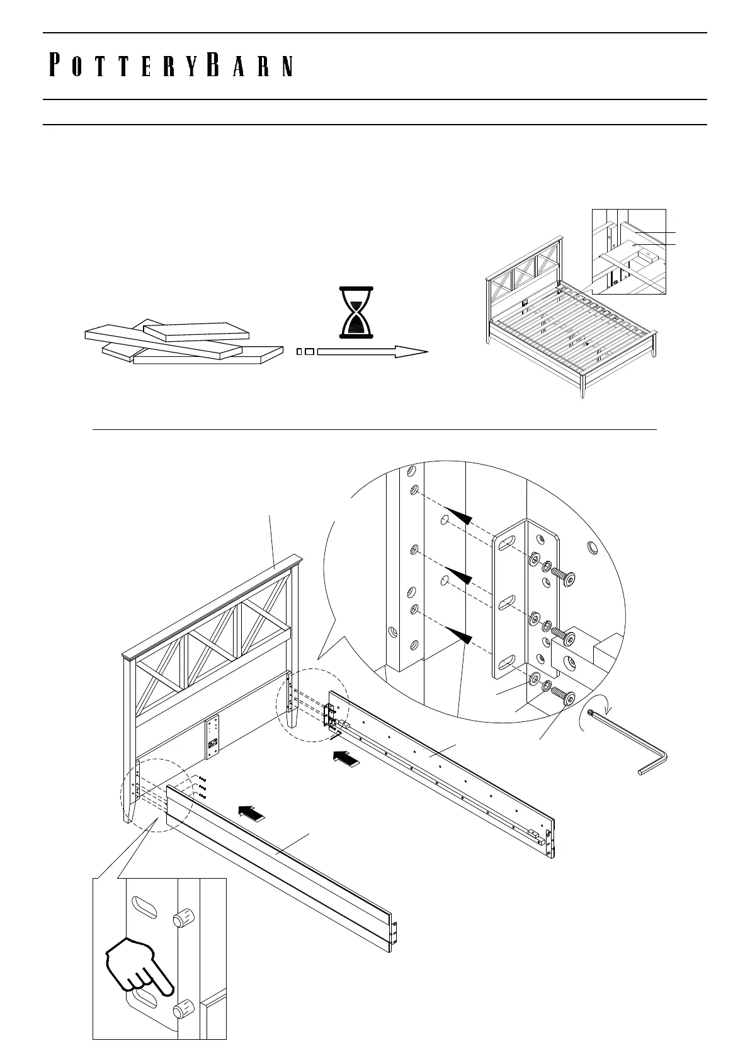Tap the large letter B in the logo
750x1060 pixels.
coord(212,65)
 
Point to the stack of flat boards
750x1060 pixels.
coord(183,342)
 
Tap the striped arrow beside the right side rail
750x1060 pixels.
coord(346,759)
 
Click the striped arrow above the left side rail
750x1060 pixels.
coord(253,814)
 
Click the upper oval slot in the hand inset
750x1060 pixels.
coord(144,908)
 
